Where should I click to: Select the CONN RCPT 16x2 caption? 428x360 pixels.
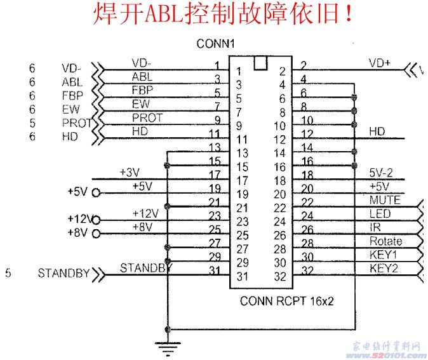coord(286,301)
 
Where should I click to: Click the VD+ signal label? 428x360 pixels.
coord(380,63)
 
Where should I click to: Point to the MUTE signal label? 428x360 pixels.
coord(385,200)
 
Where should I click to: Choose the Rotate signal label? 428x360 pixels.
coord(385,241)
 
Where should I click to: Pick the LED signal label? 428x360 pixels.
coord(380,214)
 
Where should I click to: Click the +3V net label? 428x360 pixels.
coord(131,173)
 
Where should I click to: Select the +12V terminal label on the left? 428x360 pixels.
coord(79,218)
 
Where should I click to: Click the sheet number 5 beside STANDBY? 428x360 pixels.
coord(8,274)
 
